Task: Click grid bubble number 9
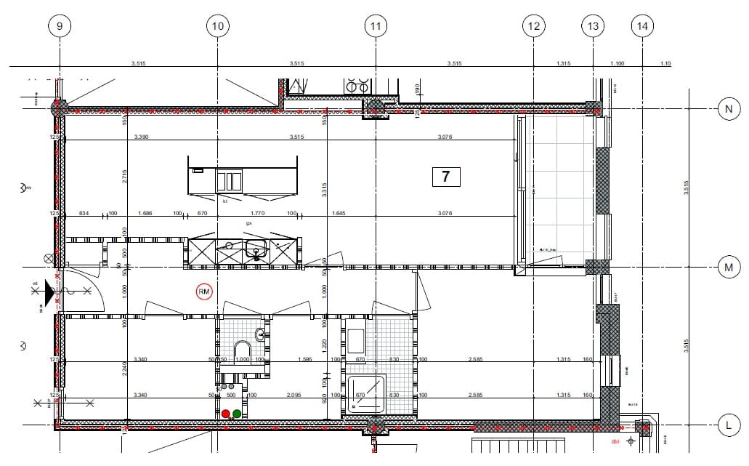pos(60,27)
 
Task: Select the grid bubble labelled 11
pos(375,27)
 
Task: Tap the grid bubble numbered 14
pos(642,27)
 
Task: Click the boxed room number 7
pos(446,177)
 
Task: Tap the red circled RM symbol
pos(205,292)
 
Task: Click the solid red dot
pos(226,414)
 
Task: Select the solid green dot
pos(237,414)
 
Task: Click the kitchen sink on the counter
pos(255,252)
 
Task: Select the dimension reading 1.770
pos(257,214)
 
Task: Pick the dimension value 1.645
pos(338,214)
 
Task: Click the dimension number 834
pos(84,214)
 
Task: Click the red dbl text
pos(615,441)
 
